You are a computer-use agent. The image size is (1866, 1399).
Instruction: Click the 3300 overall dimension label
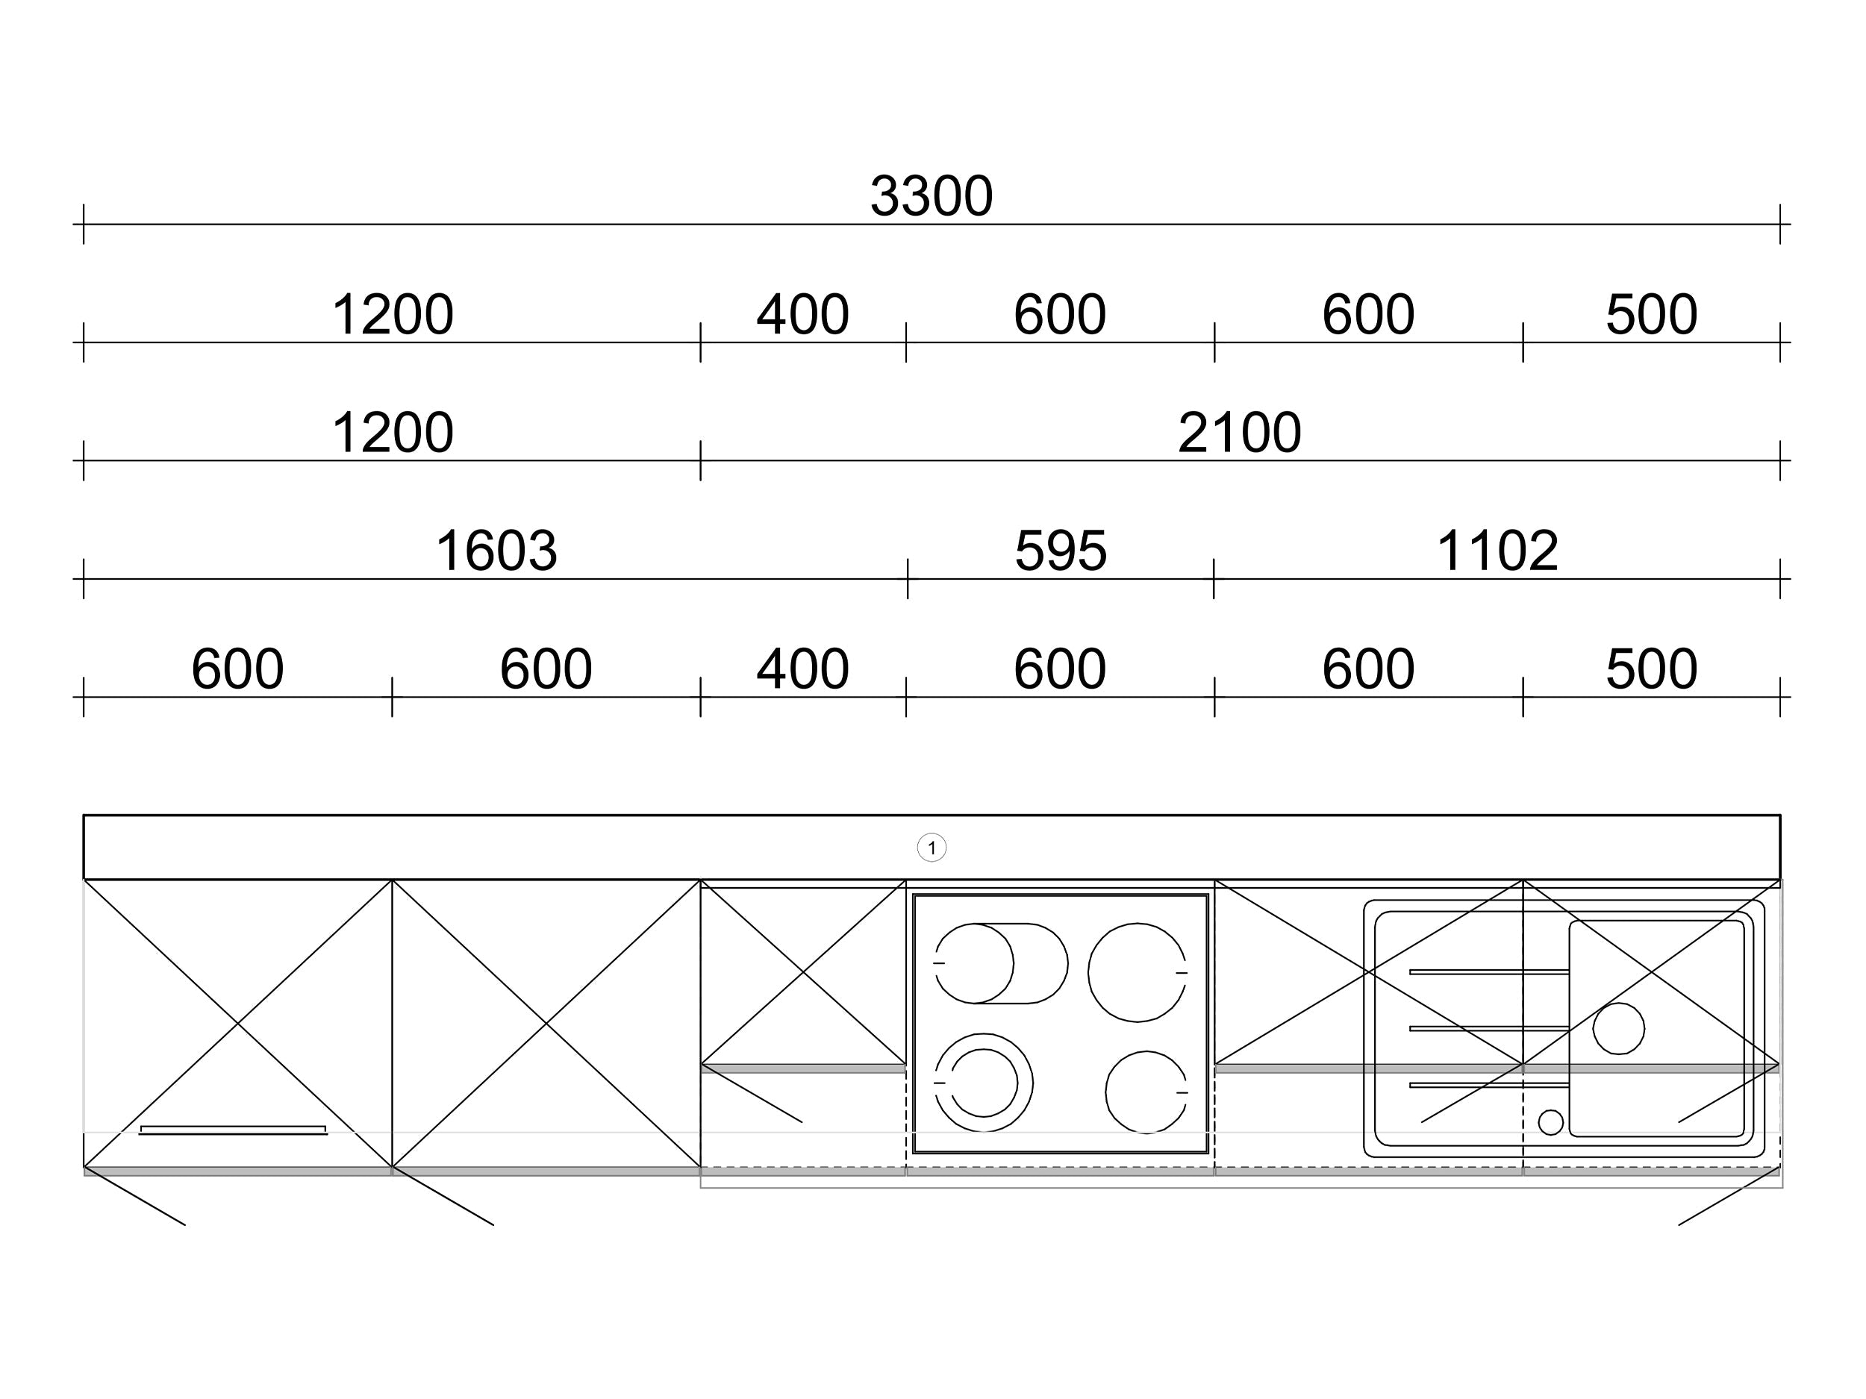pos(932,196)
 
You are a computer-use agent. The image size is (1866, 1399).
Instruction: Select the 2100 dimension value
pos(1239,433)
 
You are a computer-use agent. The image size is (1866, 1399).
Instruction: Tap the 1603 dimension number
pos(496,551)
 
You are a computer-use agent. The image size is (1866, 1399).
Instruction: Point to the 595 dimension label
pos(1061,551)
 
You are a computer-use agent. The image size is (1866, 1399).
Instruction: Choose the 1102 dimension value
pos(1497,551)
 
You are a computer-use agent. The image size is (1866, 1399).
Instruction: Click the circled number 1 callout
pos(932,848)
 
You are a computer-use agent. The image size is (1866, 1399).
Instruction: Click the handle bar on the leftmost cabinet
pos(233,1130)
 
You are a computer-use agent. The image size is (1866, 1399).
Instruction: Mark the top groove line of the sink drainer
pos(1489,972)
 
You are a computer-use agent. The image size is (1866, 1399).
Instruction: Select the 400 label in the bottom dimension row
pos(802,669)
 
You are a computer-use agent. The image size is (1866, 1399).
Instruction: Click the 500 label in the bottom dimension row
pos(1651,669)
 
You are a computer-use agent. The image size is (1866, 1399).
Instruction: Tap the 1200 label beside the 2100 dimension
pos(393,433)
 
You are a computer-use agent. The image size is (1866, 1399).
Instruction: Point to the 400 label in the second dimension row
pos(802,315)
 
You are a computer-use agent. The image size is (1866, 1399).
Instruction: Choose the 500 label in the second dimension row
pos(1651,315)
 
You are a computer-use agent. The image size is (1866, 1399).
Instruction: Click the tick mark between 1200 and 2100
pos(700,460)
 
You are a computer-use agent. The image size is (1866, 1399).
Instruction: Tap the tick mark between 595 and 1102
pos(1214,578)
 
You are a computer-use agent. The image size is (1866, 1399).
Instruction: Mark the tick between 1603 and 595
pos(908,578)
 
